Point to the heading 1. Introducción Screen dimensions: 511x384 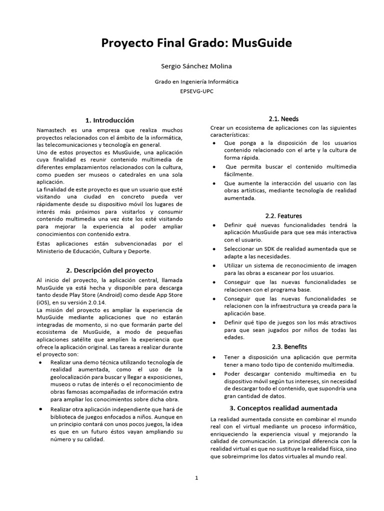tap(110, 120)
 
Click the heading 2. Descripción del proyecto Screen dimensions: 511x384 tap(110, 270)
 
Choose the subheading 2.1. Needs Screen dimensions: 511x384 tap(283, 119)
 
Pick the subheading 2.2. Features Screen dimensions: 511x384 tap(283, 216)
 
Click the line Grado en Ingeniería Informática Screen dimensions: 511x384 tap(196, 81)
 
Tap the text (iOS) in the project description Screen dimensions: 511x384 tap(44, 302)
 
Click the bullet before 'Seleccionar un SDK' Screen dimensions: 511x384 tap(214, 249)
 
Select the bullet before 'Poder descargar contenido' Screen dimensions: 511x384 tap(214, 374)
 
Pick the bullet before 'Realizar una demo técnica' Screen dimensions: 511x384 tap(40, 362)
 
